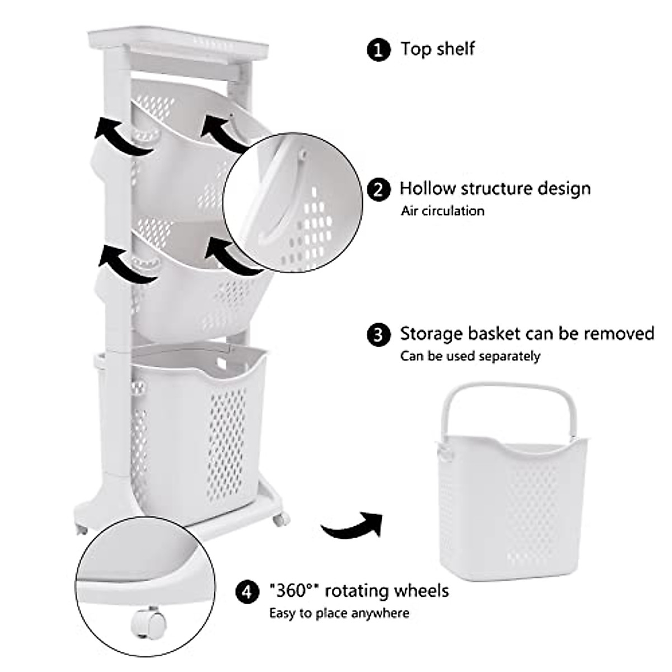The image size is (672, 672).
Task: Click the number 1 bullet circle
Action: click(379, 49)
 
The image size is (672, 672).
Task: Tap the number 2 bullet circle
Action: click(379, 189)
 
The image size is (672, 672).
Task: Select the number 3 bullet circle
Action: click(379, 335)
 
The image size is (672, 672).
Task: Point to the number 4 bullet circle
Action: click(247, 591)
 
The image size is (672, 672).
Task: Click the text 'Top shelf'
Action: click(437, 49)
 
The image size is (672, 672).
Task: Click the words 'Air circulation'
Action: click(442, 211)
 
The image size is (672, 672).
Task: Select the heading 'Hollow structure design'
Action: click(495, 188)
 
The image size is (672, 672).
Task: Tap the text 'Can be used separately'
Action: click(470, 356)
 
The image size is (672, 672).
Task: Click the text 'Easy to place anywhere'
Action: click(339, 613)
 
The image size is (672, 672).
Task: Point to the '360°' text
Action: click(294, 591)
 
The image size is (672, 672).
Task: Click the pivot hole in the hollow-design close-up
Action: click(302, 151)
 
